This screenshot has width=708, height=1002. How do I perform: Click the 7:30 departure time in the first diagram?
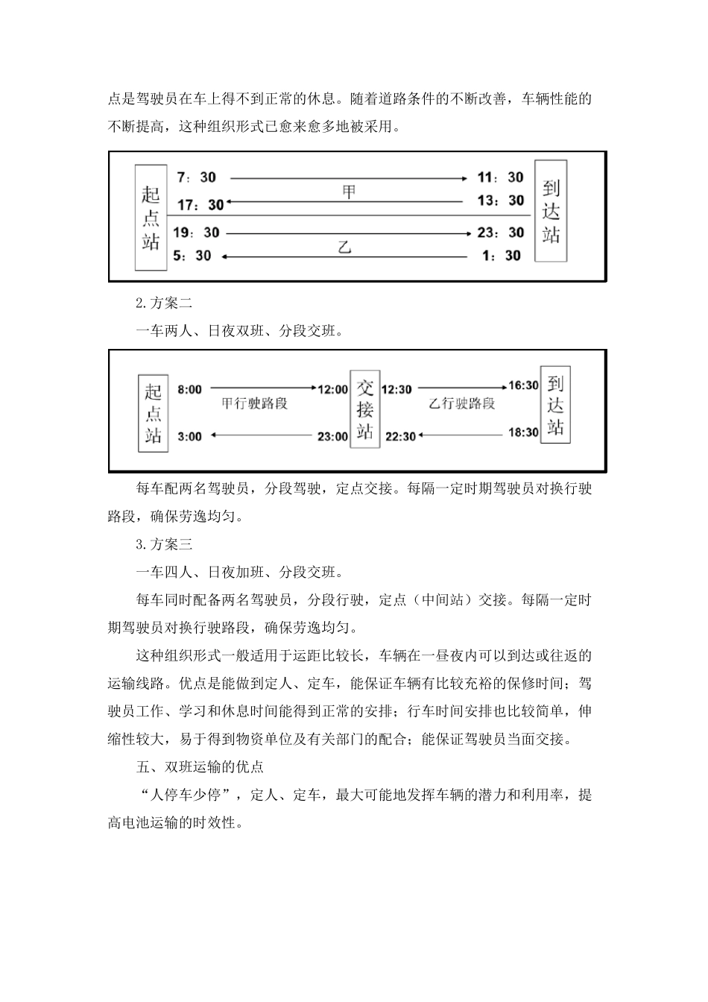tap(196, 177)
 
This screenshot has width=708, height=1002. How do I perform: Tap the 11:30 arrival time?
tap(501, 177)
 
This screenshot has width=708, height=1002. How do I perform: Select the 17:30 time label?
tap(200, 204)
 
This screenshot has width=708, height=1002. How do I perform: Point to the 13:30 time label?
tap(501, 201)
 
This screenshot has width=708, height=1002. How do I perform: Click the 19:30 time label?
tap(197, 233)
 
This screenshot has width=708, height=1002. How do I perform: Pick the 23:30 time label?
tap(501, 233)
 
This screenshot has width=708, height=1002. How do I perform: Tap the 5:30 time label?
tap(192, 256)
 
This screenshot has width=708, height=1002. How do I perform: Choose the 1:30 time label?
tap(502, 256)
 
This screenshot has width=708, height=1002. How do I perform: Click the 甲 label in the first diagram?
tap(349, 192)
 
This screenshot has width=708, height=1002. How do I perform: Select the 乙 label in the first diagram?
tap(344, 247)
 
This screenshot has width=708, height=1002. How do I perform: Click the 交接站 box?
tap(365, 409)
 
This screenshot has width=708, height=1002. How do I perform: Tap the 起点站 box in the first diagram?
tap(151, 217)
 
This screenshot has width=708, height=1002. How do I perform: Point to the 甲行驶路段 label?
tap(255, 404)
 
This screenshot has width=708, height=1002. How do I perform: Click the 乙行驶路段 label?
tap(462, 404)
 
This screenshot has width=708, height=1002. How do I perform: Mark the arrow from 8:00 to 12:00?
tap(263, 388)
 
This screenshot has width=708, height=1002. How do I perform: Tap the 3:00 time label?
tap(189, 436)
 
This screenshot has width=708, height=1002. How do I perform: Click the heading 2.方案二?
tap(164, 303)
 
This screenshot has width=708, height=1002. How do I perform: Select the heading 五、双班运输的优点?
tap(200, 766)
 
